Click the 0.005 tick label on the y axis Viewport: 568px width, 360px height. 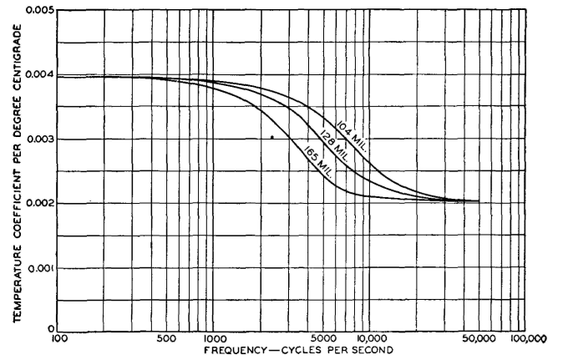[x=39, y=10]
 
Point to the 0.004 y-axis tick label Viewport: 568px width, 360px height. [x=39, y=75]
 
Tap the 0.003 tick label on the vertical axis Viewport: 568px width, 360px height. [x=39, y=139]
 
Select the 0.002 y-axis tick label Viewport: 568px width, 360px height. [x=39, y=204]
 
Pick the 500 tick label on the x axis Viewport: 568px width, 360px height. [x=166, y=340]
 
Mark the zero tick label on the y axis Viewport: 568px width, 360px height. [x=50, y=329]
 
